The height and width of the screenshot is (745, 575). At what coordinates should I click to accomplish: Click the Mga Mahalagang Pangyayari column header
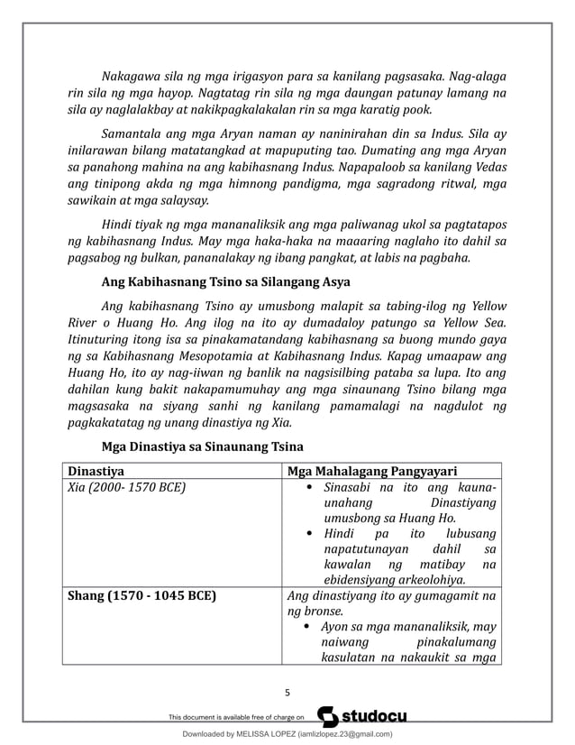click(372, 470)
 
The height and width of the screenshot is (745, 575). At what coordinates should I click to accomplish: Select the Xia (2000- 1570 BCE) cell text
click(127, 487)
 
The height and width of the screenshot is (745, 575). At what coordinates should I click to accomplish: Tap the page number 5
click(287, 693)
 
